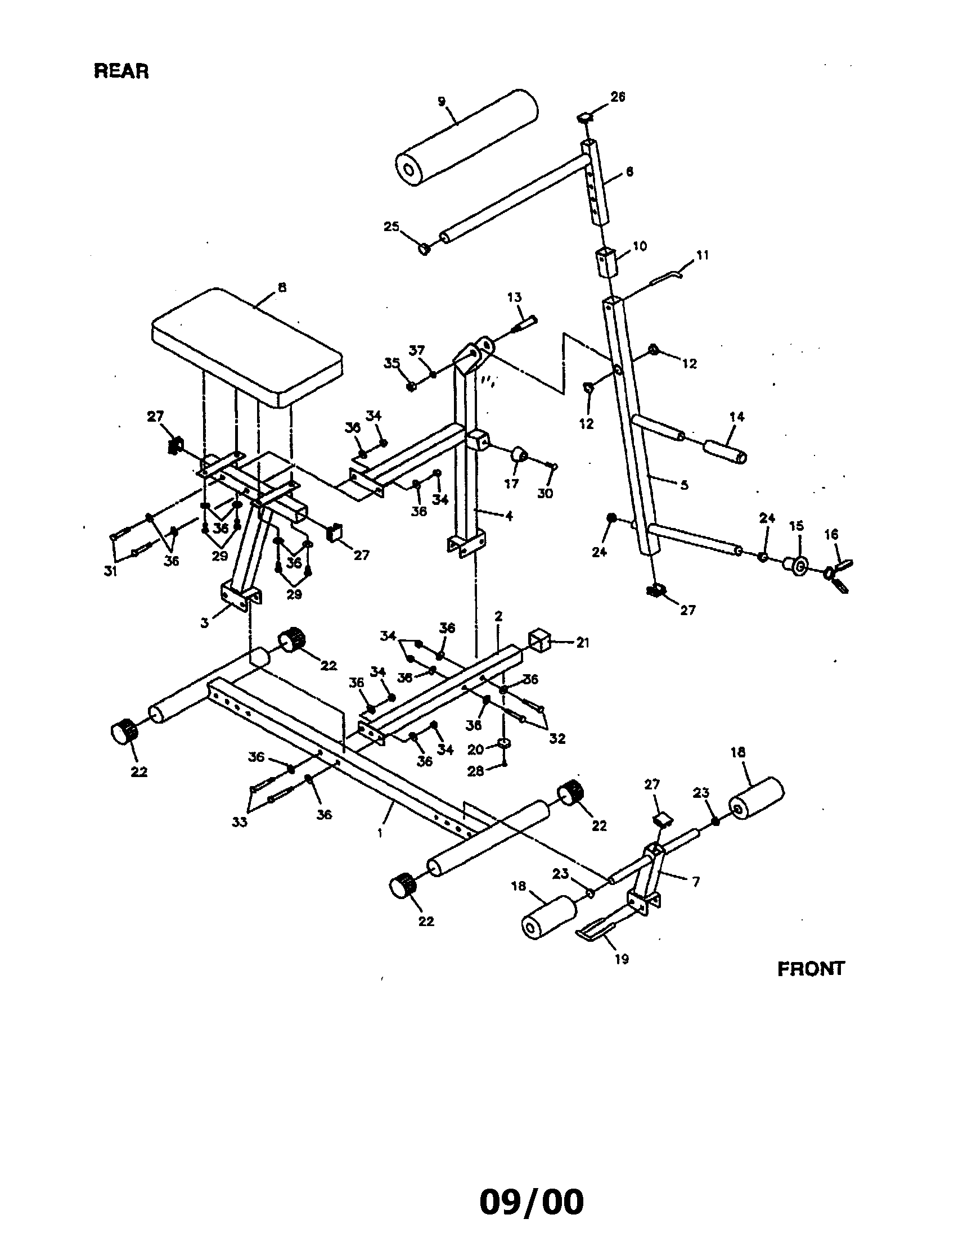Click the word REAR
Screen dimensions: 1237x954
click(121, 71)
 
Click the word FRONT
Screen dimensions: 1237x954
click(810, 969)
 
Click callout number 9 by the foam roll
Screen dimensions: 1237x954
click(442, 102)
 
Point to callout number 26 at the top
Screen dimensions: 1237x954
click(618, 97)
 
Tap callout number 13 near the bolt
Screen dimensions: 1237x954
click(514, 297)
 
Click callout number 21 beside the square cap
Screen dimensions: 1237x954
click(583, 643)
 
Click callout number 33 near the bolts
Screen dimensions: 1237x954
click(240, 822)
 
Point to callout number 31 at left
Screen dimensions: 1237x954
click(110, 571)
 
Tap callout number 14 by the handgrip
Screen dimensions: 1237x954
click(736, 417)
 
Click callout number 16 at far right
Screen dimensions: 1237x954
click(831, 534)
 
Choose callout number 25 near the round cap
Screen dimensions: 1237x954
click(391, 227)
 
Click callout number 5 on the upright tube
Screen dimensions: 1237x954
click(684, 485)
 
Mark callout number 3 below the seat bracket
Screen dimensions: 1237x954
click(205, 622)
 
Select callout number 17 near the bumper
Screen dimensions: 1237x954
click(511, 484)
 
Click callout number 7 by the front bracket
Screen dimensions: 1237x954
click(696, 881)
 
